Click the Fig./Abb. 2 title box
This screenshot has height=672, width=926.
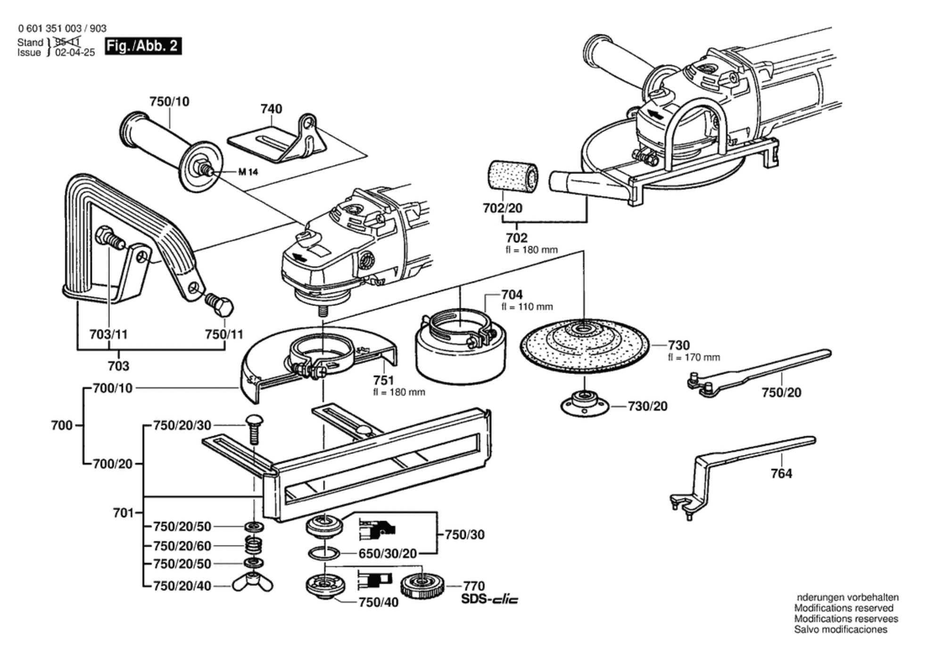point(143,46)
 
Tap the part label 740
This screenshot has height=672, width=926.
point(271,109)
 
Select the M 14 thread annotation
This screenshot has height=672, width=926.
point(248,172)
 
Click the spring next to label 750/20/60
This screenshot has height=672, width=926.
point(254,546)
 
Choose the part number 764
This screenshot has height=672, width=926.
point(781,473)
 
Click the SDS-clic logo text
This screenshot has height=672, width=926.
point(489,600)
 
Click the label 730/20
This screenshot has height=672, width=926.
point(647,406)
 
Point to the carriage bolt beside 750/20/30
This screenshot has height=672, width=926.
point(255,428)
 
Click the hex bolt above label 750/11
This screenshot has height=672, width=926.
point(220,305)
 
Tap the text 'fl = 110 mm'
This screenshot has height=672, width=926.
point(527,307)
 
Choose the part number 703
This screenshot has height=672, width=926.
point(118,366)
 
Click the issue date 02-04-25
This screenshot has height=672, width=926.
point(75,53)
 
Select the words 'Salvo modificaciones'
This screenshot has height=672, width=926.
point(840,630)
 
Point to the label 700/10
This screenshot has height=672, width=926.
point(113,388)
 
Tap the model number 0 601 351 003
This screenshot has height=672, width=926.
point(50,28)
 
